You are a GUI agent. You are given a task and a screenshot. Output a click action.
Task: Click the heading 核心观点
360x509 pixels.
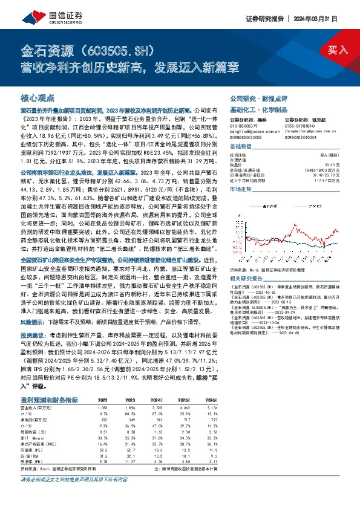(x=38, y=97)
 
